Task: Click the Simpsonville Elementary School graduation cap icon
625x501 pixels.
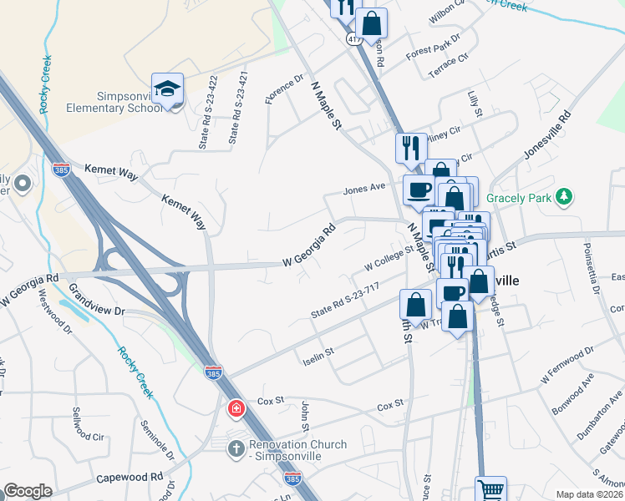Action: coord(167,89)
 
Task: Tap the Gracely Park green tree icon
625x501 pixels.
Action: coord(566,197)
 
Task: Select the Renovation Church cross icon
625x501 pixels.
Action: coord(236,448)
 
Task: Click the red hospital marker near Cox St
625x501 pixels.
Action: coord(236,408)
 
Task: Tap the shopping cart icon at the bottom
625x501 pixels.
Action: coord(490,489)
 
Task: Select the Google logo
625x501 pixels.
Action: coord(28,491)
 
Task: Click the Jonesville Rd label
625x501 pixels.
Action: coord(547,134)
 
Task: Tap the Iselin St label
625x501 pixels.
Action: coord(318,356)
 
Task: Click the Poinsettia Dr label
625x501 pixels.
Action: coord(591,266)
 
